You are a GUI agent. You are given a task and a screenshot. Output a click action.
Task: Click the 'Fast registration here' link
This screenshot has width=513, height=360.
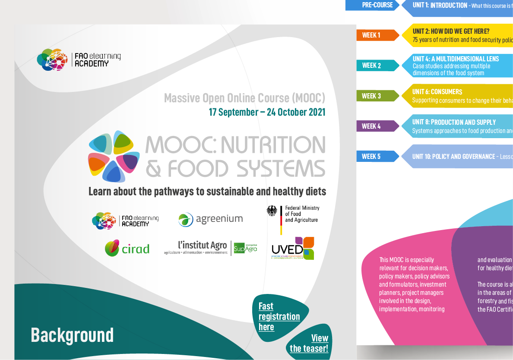(x=279, y=316)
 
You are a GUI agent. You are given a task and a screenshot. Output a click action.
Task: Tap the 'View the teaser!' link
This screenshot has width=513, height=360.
(x=309, y=343)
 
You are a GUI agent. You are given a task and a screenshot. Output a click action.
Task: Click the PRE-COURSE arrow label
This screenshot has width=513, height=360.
(x=377, y=5)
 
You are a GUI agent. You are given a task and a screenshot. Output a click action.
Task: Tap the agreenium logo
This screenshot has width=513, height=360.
(x=211, y=219)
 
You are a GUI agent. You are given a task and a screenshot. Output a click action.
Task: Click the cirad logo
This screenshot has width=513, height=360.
(x=127, y=248)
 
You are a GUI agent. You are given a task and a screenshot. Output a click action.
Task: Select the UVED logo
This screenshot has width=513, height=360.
(x=293, y=248)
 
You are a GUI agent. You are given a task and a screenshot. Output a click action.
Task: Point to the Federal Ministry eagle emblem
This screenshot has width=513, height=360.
(x=272, y=211)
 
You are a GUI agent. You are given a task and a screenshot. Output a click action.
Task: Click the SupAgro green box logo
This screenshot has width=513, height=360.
(x=245, y=248)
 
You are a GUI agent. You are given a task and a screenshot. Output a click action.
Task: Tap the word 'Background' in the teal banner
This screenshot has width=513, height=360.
(x=72, y=335)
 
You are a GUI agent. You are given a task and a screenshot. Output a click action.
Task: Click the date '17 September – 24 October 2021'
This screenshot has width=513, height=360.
(x=267, y=112)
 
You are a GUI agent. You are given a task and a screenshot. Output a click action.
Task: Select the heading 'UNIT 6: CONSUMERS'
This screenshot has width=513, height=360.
(x=437, y=92)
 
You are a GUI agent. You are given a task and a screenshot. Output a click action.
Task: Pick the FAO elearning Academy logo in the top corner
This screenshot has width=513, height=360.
(x=79, y=60)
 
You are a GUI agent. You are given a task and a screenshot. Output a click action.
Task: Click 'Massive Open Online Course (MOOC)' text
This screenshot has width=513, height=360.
(x=244, y=98)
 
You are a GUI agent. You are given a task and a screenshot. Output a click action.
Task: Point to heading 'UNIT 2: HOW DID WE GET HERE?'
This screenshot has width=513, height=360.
(x=451, y=31)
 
